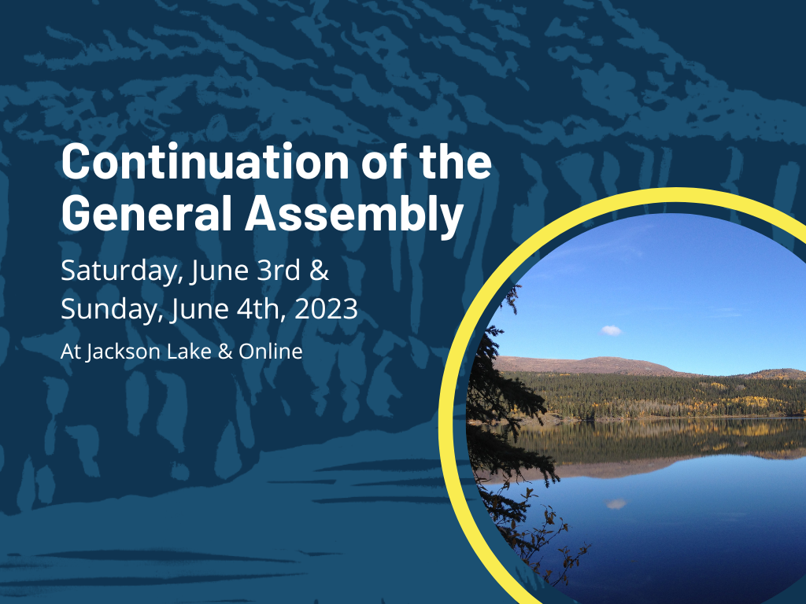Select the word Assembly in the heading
[354, 215]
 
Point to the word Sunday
[112, 310]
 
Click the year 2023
[327, 308]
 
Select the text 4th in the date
[261, 308]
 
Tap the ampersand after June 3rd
[320, 271]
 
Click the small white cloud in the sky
[611, 330]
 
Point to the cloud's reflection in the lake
[616, 504]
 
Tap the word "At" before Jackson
[71, 352]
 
